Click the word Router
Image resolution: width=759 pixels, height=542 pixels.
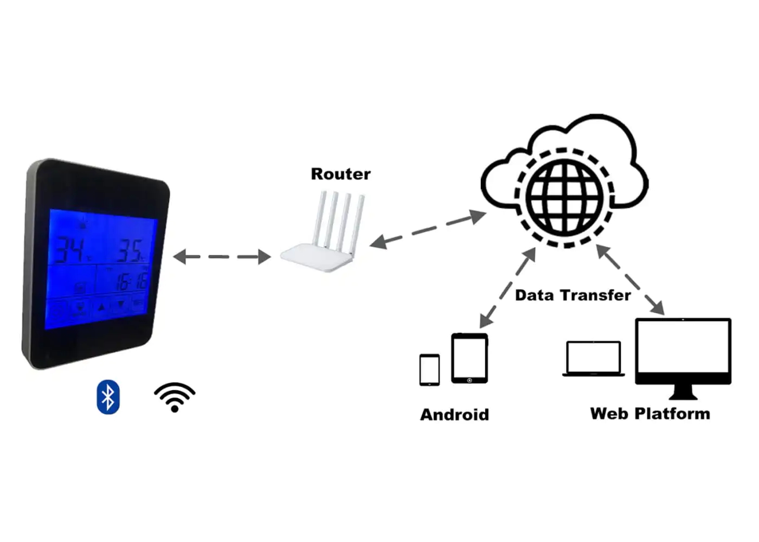tap(340, 174)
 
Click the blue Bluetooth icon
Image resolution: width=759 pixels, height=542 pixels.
tap(108, 397)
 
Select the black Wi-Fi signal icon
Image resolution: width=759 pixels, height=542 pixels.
tap(175, 397)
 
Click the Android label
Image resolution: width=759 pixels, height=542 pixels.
tap(454, 415)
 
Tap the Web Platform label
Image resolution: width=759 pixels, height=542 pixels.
tap(649, 414)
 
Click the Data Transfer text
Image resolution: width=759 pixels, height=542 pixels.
tap(573, 295)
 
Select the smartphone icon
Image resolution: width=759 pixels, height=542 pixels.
tap(429, 370)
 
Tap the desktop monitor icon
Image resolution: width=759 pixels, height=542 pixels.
tap(683, 351)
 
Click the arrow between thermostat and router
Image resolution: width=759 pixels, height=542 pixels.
tap(222, 256)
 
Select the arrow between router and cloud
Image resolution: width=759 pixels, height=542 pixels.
tap(428, 229)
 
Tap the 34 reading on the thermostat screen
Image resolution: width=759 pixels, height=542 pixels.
tap(70, 250)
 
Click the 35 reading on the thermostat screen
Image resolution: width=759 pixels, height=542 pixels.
tap(130, 251)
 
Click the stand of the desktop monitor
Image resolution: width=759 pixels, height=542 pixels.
tap(683, 391)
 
